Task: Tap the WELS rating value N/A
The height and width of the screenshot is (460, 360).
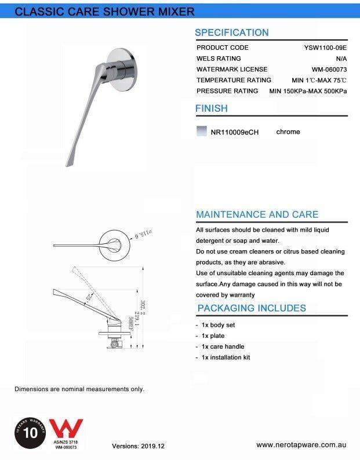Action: click(x=341, y=59)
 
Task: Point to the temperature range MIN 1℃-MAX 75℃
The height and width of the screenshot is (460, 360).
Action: click(x=319, y=81)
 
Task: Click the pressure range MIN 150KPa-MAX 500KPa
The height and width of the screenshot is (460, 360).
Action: click(x=308, y=92)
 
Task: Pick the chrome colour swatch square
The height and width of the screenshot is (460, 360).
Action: click(x=202, y=132)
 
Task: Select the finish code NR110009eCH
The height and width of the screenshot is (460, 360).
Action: click(x=235, y=132)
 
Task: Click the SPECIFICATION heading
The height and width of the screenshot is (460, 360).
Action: click(x=231, y=33)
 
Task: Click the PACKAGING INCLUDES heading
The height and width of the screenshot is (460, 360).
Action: click(x=252, y=308)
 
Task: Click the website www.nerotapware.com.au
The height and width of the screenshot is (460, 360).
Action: click(x=301, y=445)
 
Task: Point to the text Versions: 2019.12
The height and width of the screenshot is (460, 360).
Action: click(x=138, y=447)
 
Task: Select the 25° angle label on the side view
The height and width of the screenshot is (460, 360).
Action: click(x=88, y=297)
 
